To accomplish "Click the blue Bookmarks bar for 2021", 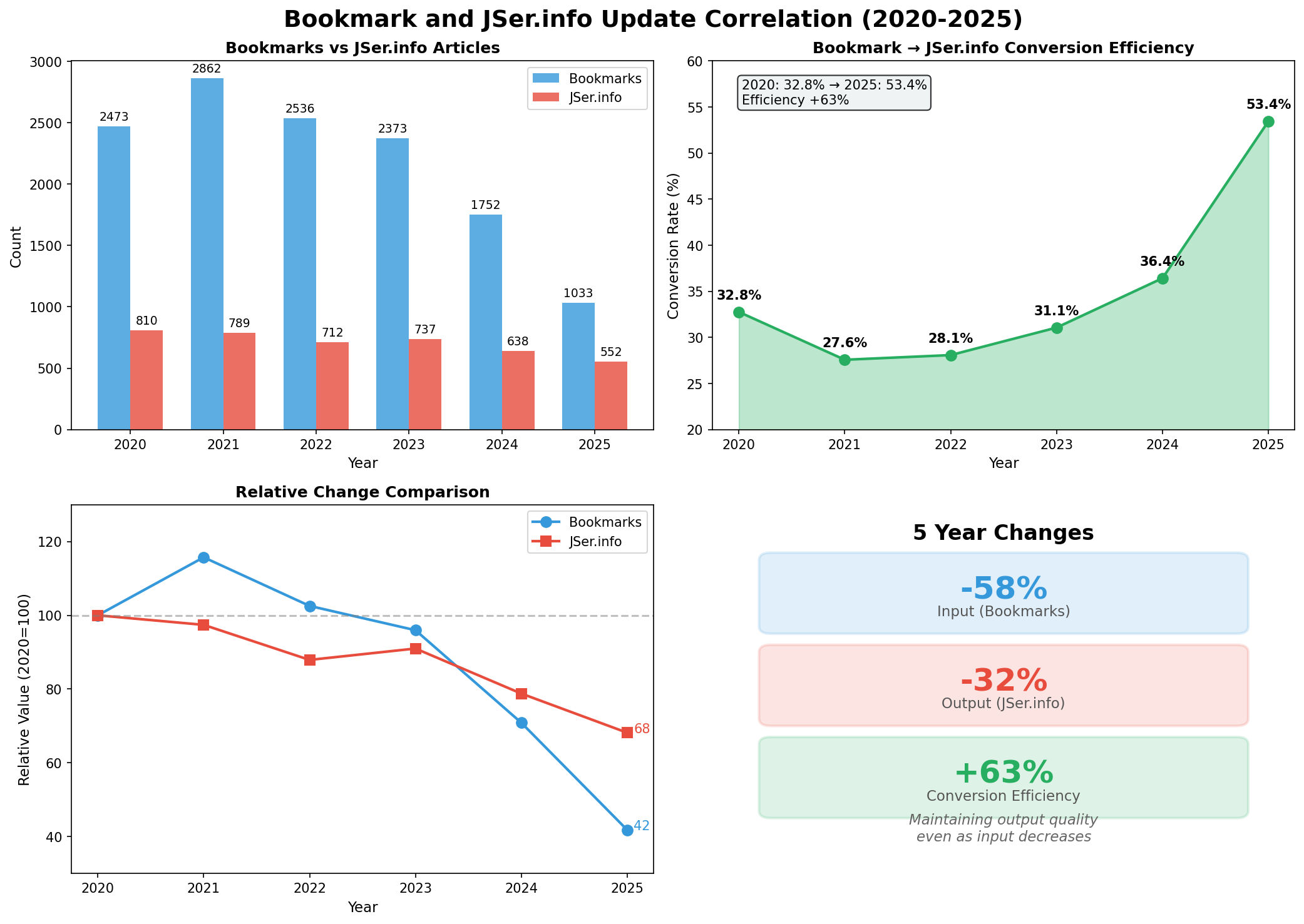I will pos(207,253).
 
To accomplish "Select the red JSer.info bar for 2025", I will pos(610,395).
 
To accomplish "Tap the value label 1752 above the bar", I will pos(486,205).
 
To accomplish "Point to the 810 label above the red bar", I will pos(146,321).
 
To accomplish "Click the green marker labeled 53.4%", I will pos(1268,121).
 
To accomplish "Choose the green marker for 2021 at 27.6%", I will pos(845,360).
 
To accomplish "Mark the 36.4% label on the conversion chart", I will pos(1162,261).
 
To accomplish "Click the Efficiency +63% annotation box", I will pos(834,93).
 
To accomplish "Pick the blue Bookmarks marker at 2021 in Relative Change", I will pos(203,557).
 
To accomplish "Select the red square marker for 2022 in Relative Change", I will pos(310,660).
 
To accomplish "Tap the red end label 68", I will pos(642,729).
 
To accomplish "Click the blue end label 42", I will pos(642,826).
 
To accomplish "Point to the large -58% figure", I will pos(1004,589).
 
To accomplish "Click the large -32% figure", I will pos(1004,681).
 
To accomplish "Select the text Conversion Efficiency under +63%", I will pos(1003,796).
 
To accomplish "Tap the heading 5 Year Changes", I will pos(1003,533).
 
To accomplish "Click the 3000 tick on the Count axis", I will pos(49,62).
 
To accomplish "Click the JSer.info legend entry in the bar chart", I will pos(595,98).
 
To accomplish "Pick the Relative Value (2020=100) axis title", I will pos(24,689).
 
